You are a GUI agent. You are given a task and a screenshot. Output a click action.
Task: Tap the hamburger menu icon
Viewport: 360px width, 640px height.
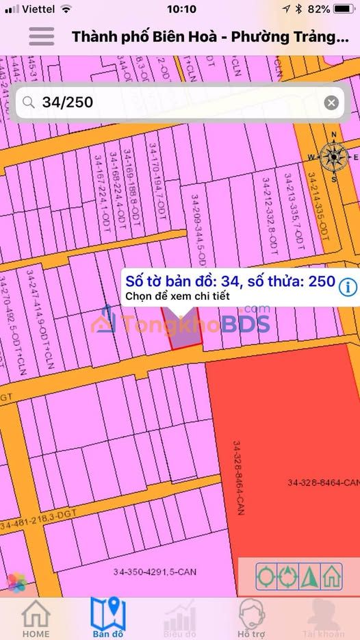41,36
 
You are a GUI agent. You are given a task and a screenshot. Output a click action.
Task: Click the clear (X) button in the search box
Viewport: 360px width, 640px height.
331,103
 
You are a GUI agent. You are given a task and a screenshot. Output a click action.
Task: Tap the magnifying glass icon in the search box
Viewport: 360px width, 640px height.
28,103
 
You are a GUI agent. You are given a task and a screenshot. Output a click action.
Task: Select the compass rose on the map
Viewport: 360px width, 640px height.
333,157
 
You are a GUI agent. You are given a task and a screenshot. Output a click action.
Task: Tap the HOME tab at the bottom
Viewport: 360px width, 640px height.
36,618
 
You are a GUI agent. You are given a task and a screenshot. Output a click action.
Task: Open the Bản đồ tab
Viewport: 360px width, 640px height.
108,618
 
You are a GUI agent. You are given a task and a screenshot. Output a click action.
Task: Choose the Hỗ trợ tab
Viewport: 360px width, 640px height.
252,618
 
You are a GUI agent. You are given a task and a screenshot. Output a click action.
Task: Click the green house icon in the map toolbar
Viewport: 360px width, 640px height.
333,576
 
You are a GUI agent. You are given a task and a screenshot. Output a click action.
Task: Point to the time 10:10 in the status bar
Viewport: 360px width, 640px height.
181,10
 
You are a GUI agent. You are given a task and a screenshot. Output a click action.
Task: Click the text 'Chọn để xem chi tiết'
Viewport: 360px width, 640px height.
176,296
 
